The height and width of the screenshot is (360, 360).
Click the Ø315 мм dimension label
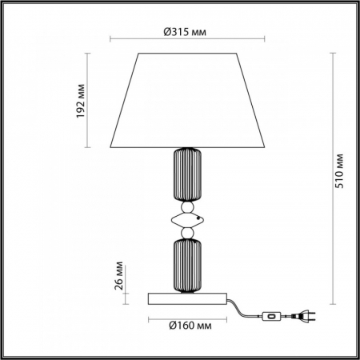coord(186,32)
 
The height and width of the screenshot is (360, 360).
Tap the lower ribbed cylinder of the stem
coord(186,265)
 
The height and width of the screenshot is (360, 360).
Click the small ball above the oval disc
coord(186,206)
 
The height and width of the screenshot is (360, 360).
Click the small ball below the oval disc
coord(186,232)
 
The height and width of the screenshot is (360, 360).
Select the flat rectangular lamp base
coord(186,299)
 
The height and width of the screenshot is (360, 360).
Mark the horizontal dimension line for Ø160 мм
coord(186,315)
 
